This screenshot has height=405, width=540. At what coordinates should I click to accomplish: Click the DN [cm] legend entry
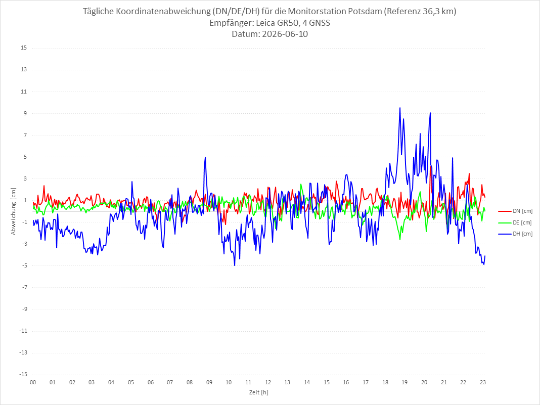[515, 211]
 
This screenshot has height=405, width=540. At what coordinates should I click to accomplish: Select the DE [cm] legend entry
[515, 222]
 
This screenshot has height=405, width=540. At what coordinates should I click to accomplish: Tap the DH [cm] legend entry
[515, 234]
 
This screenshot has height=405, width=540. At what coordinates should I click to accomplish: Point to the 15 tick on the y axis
[24, 48]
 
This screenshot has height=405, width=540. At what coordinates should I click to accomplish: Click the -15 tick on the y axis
[23, 374]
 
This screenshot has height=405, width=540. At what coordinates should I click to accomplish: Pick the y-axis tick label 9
[25, 113]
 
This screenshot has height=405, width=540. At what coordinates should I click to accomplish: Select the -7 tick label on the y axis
[24, 287]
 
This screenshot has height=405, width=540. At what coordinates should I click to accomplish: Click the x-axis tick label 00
[33, 382]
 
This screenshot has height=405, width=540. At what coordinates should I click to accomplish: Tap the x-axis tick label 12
[268, 382]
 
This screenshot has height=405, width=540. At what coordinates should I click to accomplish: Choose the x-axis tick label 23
[483, 382]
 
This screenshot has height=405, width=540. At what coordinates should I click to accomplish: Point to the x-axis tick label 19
[404, 382]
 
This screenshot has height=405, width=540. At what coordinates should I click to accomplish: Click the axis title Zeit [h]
[259, 392]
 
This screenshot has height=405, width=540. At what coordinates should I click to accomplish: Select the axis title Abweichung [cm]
[14, 211]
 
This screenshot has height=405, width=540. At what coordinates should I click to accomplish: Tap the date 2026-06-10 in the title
[285, 34]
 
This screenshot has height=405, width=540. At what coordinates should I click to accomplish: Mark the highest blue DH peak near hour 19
[400, 108]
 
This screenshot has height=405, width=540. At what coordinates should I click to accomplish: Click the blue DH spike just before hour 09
[205, 157]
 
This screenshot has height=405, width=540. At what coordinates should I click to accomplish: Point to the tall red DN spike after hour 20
[431, 167]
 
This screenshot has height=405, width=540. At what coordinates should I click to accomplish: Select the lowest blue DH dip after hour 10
[235, 265]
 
